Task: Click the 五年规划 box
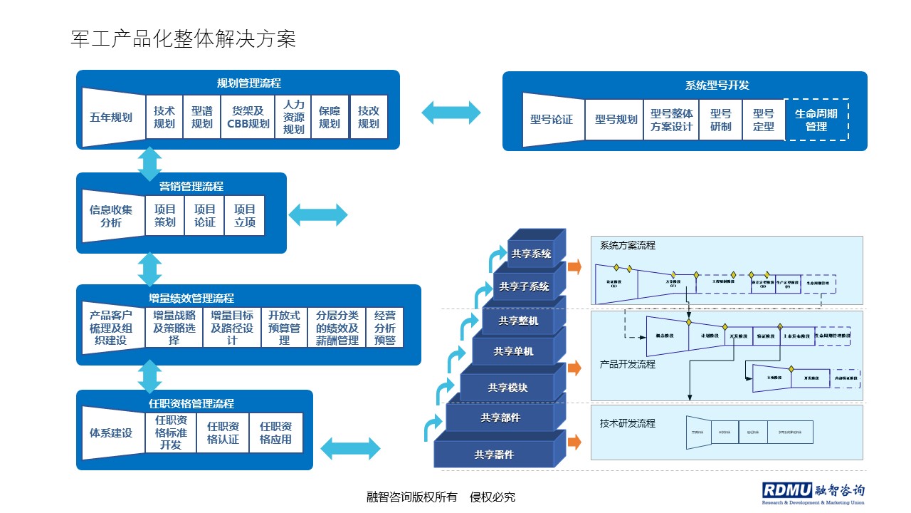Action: tap(112, 118)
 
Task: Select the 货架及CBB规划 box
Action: tap(248, 118)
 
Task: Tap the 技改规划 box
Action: tap(369, 118)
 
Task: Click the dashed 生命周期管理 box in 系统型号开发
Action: tap(816, 120)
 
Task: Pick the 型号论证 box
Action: tap(552, 119)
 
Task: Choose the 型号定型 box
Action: tap(763, 119)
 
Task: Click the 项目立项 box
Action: tap(245, 216)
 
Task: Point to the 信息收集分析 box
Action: tap(112, 216)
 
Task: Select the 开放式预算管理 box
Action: tap(284, 328)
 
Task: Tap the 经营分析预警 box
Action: tap(385, 328)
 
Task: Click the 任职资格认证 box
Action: tap(223, 432)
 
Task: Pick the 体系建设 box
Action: tap(112, 432)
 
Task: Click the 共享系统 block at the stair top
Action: tap(531, 253)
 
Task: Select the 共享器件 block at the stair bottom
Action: tap(494, 454)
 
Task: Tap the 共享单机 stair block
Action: tap(513, 351)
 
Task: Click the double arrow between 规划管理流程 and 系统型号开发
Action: tap(451, 112)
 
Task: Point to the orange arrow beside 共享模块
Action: tap(574, 368)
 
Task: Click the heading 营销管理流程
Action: tap(191, 186)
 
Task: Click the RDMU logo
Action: tap(813, 492)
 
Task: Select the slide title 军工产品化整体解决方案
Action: tap(184, 39)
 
